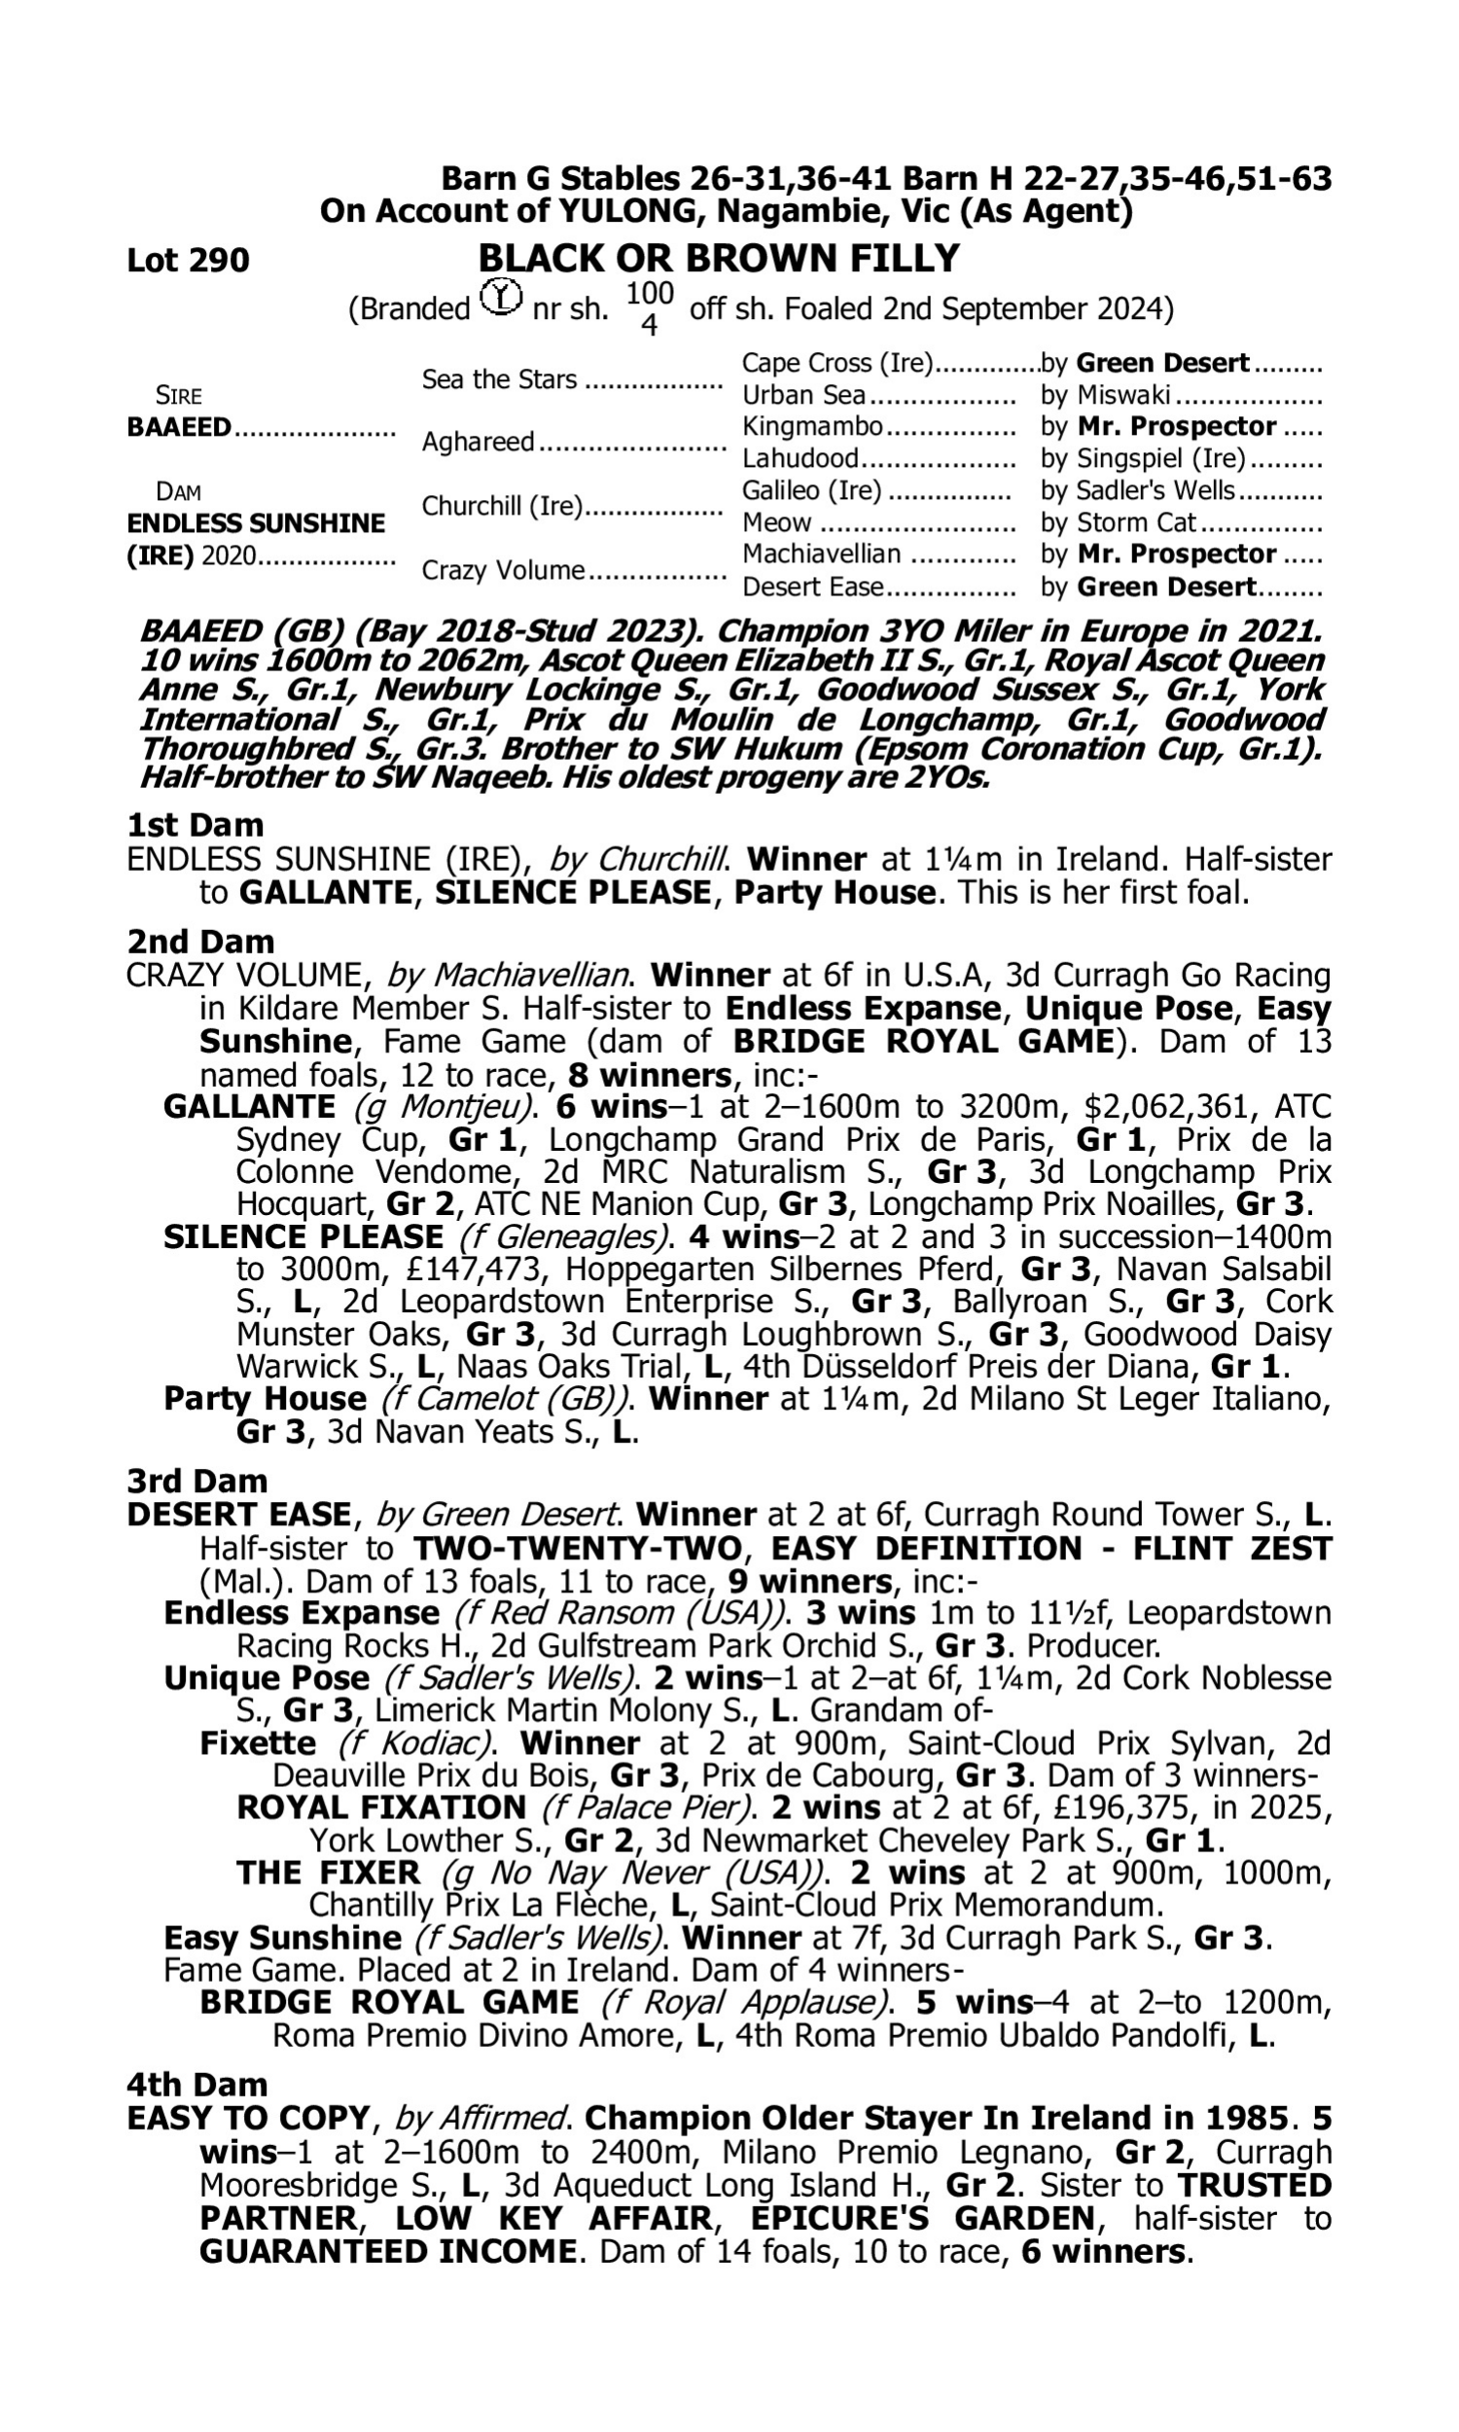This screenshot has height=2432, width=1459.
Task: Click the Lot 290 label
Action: coord(188,261)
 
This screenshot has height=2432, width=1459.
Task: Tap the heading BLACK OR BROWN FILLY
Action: coord(718,258)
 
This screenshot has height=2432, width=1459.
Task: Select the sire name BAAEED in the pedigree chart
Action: coord(179,428)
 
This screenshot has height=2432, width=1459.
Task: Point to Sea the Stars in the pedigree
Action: coord(499,379)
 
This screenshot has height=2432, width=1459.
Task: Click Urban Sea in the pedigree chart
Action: coord(804,395)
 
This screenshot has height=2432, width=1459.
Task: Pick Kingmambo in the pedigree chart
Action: coord(813,427)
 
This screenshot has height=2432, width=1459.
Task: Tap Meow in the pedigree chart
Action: coord(777,523)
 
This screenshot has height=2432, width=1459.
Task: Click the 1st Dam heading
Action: coord(195,824)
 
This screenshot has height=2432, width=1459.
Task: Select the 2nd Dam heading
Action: coord(199,941)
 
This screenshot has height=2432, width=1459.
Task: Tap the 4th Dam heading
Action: coord(197,2083)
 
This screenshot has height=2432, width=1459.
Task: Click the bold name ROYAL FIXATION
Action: coord(381,1807)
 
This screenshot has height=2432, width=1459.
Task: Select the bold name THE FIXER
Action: coord(329,1873)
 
